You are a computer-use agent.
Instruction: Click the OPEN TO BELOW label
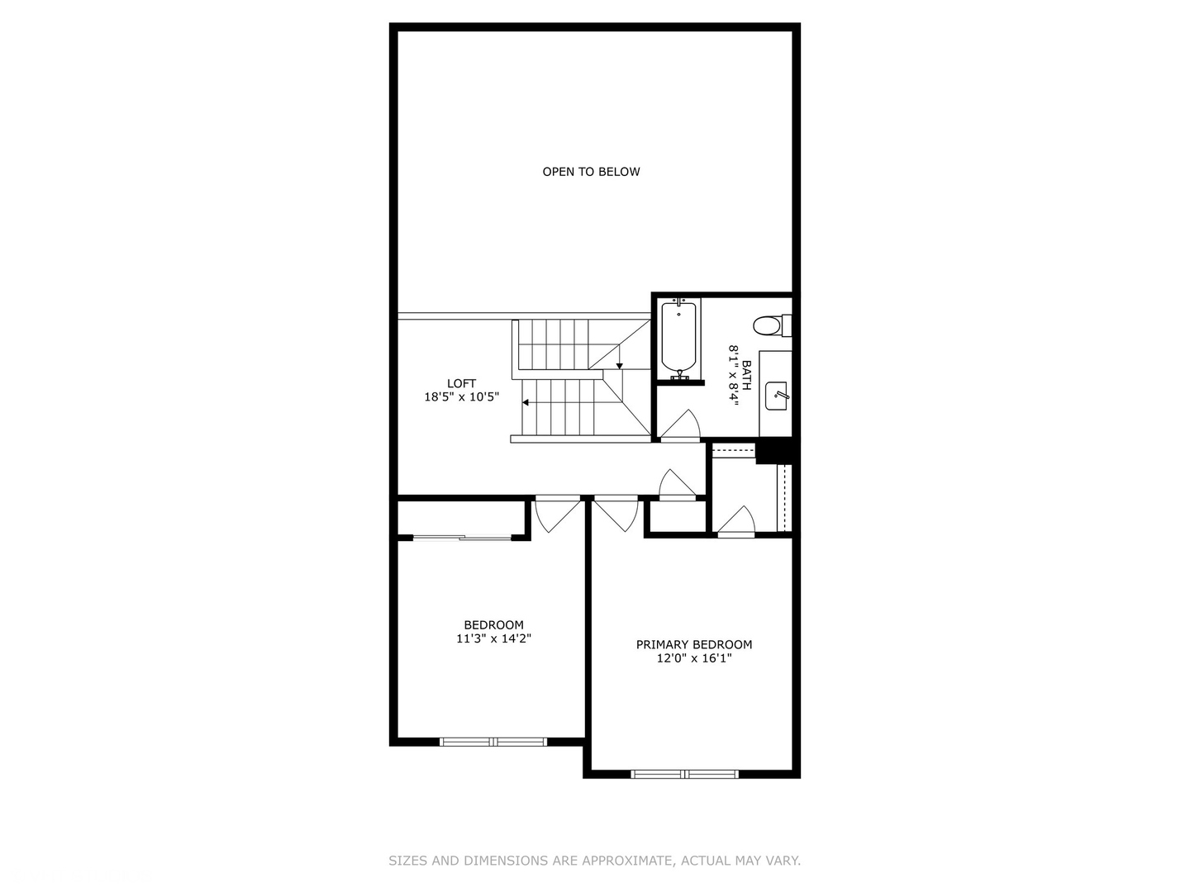(591, 172)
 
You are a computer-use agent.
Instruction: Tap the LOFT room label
(461, 383)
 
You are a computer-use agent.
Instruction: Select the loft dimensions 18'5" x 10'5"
(461, 397)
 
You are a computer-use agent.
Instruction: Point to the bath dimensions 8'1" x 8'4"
(732, 373)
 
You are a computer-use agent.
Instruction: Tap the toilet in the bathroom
(769, 325)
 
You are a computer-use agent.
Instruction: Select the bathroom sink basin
(777, 396)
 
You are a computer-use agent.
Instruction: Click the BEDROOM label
(493, 625)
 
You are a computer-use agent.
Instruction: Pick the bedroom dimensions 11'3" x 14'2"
(493, 638)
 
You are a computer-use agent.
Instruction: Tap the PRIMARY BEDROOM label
(694, 644)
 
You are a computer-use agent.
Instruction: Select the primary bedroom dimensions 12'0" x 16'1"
(694, 658)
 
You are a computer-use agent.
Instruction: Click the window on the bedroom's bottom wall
(493, 742)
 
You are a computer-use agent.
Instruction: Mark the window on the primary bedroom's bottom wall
(685, 774)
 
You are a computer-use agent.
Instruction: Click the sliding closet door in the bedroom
(463, 538)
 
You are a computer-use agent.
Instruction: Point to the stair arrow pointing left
(526, 403)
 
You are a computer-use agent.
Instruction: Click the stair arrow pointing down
(620, 365)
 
